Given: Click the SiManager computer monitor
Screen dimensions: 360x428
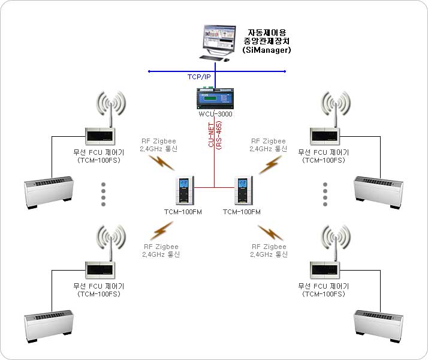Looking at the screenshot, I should point(218,40).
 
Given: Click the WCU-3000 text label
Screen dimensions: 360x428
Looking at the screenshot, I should point(215,113).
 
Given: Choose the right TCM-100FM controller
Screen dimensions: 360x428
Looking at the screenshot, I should point(243,192).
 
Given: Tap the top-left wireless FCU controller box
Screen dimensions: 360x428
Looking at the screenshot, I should point(100,136).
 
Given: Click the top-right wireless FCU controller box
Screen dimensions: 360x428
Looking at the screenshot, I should point(325,136).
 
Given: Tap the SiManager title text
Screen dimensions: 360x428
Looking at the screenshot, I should point(267,41).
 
